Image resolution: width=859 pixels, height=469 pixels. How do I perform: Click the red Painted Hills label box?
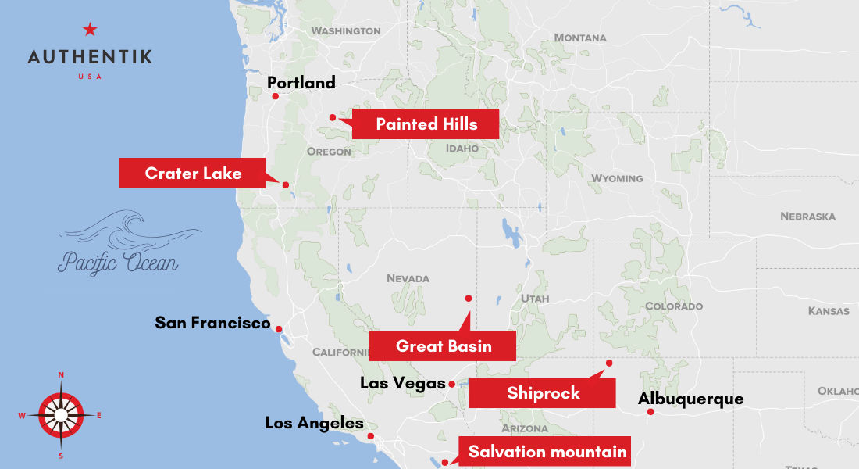pyautogui.click(x=426, y=124)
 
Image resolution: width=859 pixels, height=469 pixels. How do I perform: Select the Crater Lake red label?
pyautogui.click(x=193, y=173)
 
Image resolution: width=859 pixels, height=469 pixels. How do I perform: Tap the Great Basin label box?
pyautogui.click(x=443, y=345)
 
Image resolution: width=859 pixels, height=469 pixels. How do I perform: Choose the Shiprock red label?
pyautogui.click(x=543, y=392)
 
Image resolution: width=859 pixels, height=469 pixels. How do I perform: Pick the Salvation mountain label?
pyautogui.click(x=547, y=451)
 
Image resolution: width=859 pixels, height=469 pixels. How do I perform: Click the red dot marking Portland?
pyautogui.click(x=275, y=96)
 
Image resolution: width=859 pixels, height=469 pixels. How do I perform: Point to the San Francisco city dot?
pyautogui.click(x=278, y=329)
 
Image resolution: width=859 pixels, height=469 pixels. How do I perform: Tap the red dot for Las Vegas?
pyautogui.click(x=452, y=384)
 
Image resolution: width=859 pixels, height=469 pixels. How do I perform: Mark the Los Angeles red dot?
pyautogui.click(x=371, y=436)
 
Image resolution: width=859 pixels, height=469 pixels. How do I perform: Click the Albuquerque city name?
pyautogui.click(x=690, y=399)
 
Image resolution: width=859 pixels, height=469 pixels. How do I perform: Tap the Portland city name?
pyautogui.click(x=301, y=82)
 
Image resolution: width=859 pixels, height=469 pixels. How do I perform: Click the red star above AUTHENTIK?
pyautogui.click(x=90, y=30)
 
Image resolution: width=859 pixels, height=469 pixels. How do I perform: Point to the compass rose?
pyautogui.click(x=60, y=414)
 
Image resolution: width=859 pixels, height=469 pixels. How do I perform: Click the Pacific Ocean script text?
pyautogui.click(x=117, y=263)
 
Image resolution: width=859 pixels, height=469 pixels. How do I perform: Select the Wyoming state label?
pyautogui.click(x=616, y=178)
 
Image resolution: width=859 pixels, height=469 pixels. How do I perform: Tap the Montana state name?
pyautogui.click(x=579, y=38)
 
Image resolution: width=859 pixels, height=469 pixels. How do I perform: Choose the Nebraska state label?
pyautogui.click(x=807, y=216)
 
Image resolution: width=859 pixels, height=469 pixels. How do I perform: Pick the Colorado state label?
pyautogui.click(x=674, y=306)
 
